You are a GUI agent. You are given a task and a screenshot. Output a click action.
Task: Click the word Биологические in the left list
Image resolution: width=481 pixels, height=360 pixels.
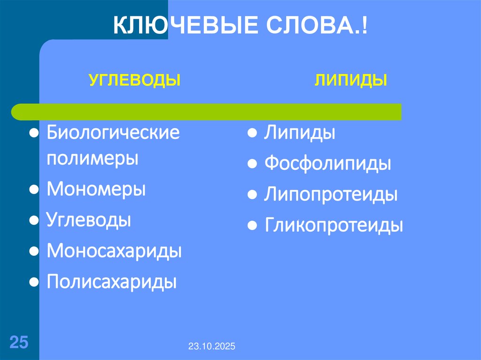click(113, 133)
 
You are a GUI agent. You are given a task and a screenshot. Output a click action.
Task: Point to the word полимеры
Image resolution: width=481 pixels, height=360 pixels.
click(93, 158)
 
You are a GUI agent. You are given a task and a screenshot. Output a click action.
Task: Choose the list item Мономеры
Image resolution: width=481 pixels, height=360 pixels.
click(96, 190)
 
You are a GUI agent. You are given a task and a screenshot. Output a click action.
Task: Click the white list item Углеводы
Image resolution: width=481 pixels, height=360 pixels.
click(89, 220)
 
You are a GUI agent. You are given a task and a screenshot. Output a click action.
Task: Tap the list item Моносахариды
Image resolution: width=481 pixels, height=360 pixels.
click(114, 251)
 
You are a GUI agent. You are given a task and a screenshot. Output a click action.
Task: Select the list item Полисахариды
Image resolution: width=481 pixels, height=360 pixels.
click(112, 282)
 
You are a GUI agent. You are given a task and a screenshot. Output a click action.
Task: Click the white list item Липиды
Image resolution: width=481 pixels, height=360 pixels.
click(299, 133)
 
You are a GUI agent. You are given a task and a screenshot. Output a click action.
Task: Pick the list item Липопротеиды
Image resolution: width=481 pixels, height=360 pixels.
click(331, 194)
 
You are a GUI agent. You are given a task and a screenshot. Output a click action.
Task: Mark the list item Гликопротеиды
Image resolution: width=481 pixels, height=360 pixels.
click(334, 225)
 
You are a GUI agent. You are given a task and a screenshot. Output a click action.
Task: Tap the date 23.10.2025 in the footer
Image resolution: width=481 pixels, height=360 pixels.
click(212, 346)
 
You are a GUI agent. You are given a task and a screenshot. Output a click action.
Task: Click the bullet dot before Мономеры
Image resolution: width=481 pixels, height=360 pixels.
click(34, 190)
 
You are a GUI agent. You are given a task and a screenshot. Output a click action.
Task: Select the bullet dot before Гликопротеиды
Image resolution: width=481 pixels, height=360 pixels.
click(252, 226)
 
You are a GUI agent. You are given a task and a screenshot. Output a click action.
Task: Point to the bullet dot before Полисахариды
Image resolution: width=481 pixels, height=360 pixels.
click(34, 283)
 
